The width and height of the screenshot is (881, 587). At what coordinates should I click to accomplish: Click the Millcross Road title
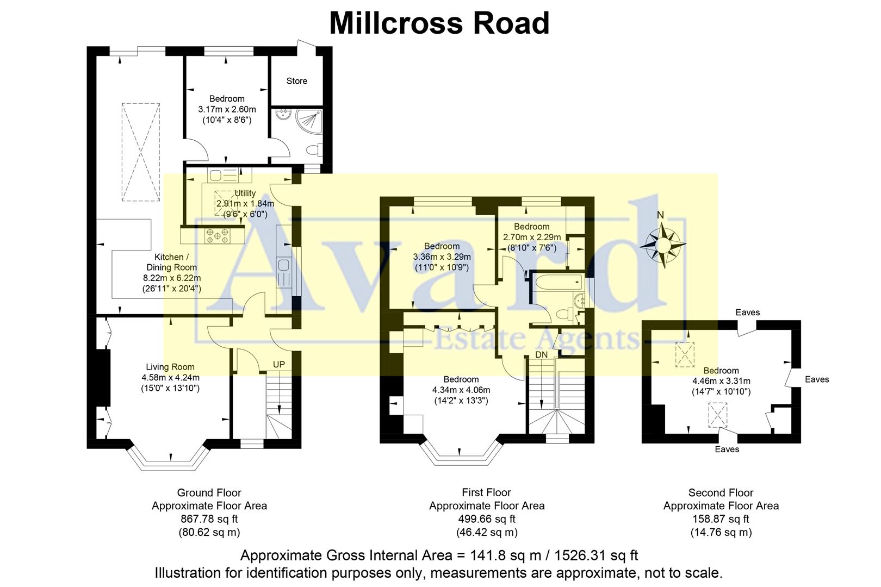pyautogui.click(x=439, y=23)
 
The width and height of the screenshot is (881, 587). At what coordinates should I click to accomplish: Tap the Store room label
pyautogui.click(x=296, y=81)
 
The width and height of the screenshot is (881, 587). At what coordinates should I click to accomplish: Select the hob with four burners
pyautogui.click(x=217, y=235)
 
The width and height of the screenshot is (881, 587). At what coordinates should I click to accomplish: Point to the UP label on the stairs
pyautogui.click(x=278, y=364)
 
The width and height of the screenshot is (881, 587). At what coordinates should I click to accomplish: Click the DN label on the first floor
pyautogui.click(x=541, y=354)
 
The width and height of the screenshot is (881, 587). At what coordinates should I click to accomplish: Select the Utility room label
pyautogui.click(x=245, y=193)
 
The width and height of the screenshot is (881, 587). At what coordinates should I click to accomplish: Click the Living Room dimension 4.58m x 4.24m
pyautogui.click(x=170, y=378)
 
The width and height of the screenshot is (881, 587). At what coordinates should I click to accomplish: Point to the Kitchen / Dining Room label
pyautogui.click(x=171, y=262)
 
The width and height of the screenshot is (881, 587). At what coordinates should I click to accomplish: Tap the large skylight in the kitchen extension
pyautogui.click(x=140, y=152)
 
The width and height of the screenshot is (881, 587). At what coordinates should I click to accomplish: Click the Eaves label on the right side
pyautogui.click(x=817, y=379)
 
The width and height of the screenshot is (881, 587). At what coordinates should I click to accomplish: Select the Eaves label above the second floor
pyautogui.click(x=747, y=313)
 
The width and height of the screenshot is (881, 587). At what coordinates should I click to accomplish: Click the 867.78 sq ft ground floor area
pyautogui.click(x=209, y=519)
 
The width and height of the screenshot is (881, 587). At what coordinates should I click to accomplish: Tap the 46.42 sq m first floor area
pyautogui.click(x=486, y=532)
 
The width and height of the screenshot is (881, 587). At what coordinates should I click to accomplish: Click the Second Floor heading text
pyautogui.click(x=721, y=493)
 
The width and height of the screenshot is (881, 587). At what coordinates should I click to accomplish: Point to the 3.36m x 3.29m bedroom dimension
pyautogui.click(x=442, y=257)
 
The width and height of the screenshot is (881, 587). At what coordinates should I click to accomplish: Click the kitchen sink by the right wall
pyautogui.click(x=284, y=265)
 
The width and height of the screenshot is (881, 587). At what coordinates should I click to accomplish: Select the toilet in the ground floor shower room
pyautogui.click(x=313, y=149)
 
